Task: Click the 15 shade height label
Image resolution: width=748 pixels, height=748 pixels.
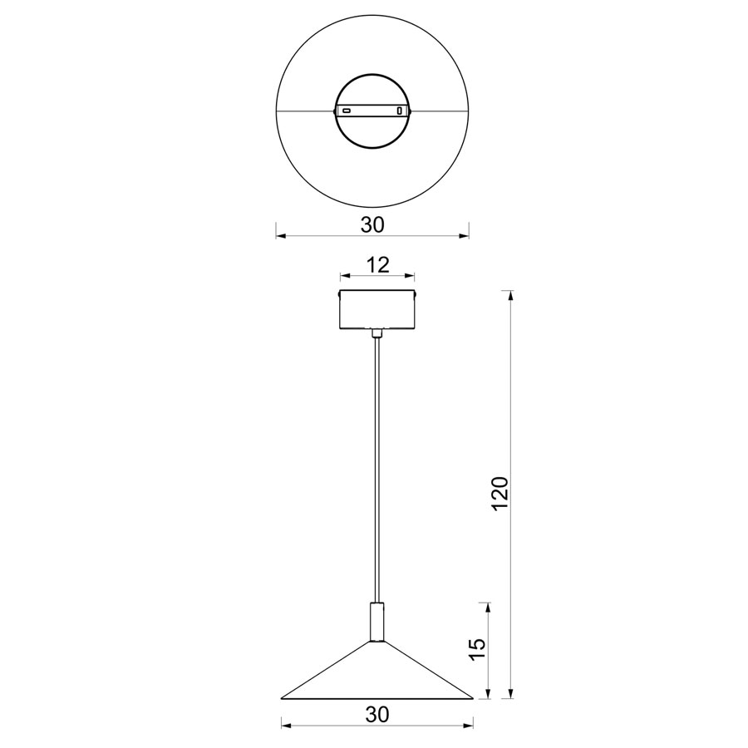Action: click(x=477, y=650)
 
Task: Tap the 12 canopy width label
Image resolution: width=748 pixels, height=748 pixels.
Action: click(x=377, y=265)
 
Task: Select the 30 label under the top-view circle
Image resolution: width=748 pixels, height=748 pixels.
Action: click(x=372, y=224)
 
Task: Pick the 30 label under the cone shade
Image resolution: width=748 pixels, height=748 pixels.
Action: click(x=377, y=714)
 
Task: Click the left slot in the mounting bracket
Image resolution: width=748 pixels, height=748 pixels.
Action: click(x=347, y=111)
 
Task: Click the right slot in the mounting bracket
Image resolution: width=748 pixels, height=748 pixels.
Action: click(x=400, y=111)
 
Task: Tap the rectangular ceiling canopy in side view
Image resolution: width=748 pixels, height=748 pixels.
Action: click(x=376, y=309)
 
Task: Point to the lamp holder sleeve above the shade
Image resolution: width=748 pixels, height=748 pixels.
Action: click(x=376, y=622)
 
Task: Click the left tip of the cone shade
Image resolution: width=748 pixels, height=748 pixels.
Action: click(x=282, y=699)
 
